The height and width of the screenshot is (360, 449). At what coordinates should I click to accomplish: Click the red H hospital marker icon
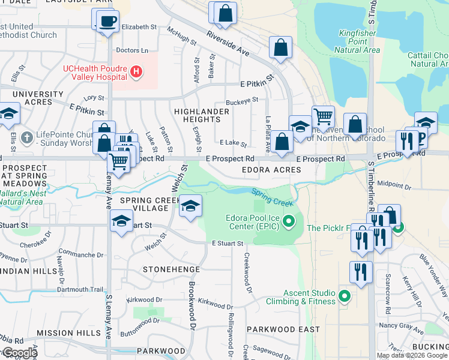(136, 72)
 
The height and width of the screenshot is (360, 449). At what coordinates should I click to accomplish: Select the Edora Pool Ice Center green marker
(289, 222)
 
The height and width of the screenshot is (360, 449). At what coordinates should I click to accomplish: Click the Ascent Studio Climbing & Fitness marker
(344, 296)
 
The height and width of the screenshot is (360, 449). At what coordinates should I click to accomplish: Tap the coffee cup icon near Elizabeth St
(107, 22)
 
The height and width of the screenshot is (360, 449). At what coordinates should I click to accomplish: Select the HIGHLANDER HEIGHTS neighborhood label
(201, 116)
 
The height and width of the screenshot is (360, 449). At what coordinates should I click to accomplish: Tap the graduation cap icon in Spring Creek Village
(191, 206)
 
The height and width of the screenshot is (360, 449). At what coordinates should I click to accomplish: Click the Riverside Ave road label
(228, 44)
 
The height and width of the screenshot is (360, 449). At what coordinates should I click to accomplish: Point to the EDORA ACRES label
(271, 170)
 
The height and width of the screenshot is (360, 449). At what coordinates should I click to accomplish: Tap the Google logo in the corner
(19, 353)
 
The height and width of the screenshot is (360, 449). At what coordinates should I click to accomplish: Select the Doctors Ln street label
(132, 51)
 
